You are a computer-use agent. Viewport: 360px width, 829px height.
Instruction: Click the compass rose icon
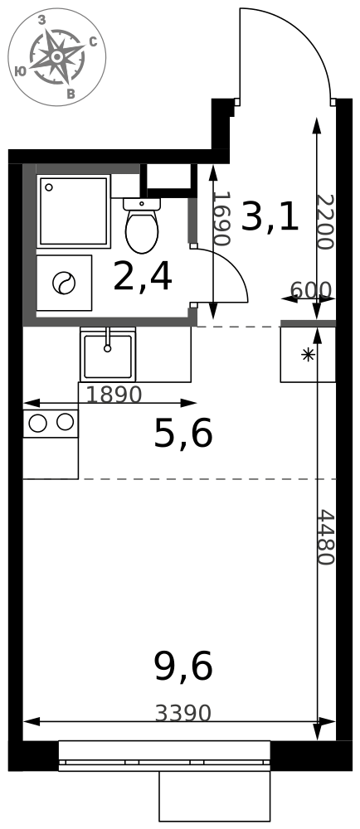pos(57,56)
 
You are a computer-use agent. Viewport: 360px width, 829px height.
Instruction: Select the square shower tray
pos(74,211)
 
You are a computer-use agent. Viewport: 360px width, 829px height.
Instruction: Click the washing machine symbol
pos(64,283)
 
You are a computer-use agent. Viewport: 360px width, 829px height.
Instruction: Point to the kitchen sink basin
pos(108,356)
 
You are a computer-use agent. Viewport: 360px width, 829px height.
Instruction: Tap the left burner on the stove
pos(38,423)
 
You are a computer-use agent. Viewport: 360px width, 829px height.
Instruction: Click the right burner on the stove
pos(65,422)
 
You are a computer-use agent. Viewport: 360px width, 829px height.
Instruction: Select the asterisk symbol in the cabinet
pos(307,355)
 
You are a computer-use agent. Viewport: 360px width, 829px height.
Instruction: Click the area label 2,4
pos(142,279)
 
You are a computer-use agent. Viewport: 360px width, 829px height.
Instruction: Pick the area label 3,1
pos(270,218)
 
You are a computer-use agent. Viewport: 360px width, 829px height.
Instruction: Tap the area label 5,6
pos(183,434)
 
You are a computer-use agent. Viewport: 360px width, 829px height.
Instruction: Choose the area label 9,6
pos(183,667)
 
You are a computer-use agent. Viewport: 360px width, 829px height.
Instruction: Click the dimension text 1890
pos(114,395)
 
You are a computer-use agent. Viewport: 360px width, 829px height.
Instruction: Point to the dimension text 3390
pos(183,713)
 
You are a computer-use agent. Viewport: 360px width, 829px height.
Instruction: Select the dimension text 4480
pos(326,537)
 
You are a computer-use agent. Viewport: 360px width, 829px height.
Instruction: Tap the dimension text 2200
pos(326,222)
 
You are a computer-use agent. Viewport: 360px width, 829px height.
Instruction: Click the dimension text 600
pos(311,289)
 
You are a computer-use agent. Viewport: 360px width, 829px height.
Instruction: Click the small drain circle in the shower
pos(49,187)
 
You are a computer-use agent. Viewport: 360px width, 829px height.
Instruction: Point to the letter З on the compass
pos(41,20)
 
